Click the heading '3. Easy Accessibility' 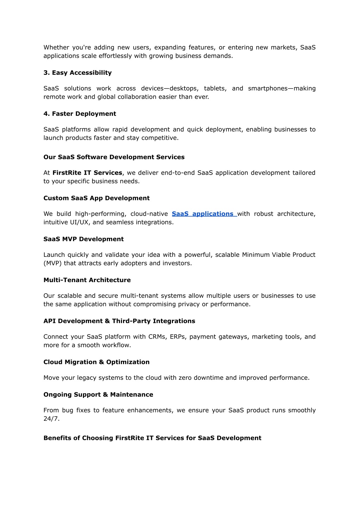(x=77, y=73)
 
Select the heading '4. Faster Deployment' (x=79, y=114)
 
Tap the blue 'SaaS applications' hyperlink (x=203, y=214)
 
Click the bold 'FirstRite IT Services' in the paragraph (x=87, y=173)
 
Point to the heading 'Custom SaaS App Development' (x=96, y=198)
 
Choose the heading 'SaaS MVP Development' (x=83, y=239)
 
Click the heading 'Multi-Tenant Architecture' (x=87, y=280)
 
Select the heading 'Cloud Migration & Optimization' (x=96, y=362)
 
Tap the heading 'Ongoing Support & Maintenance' (x=98, y=395)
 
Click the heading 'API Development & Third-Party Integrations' (x=119, y=321)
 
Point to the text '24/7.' (x=51, y=419)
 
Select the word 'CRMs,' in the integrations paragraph (x=157, y=337)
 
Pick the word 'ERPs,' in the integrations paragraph (x=178, y=337)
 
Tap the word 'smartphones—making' (x=282, y=89)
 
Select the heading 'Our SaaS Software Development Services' (x=114, y=157)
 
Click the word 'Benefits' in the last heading (x=57, y=438)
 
